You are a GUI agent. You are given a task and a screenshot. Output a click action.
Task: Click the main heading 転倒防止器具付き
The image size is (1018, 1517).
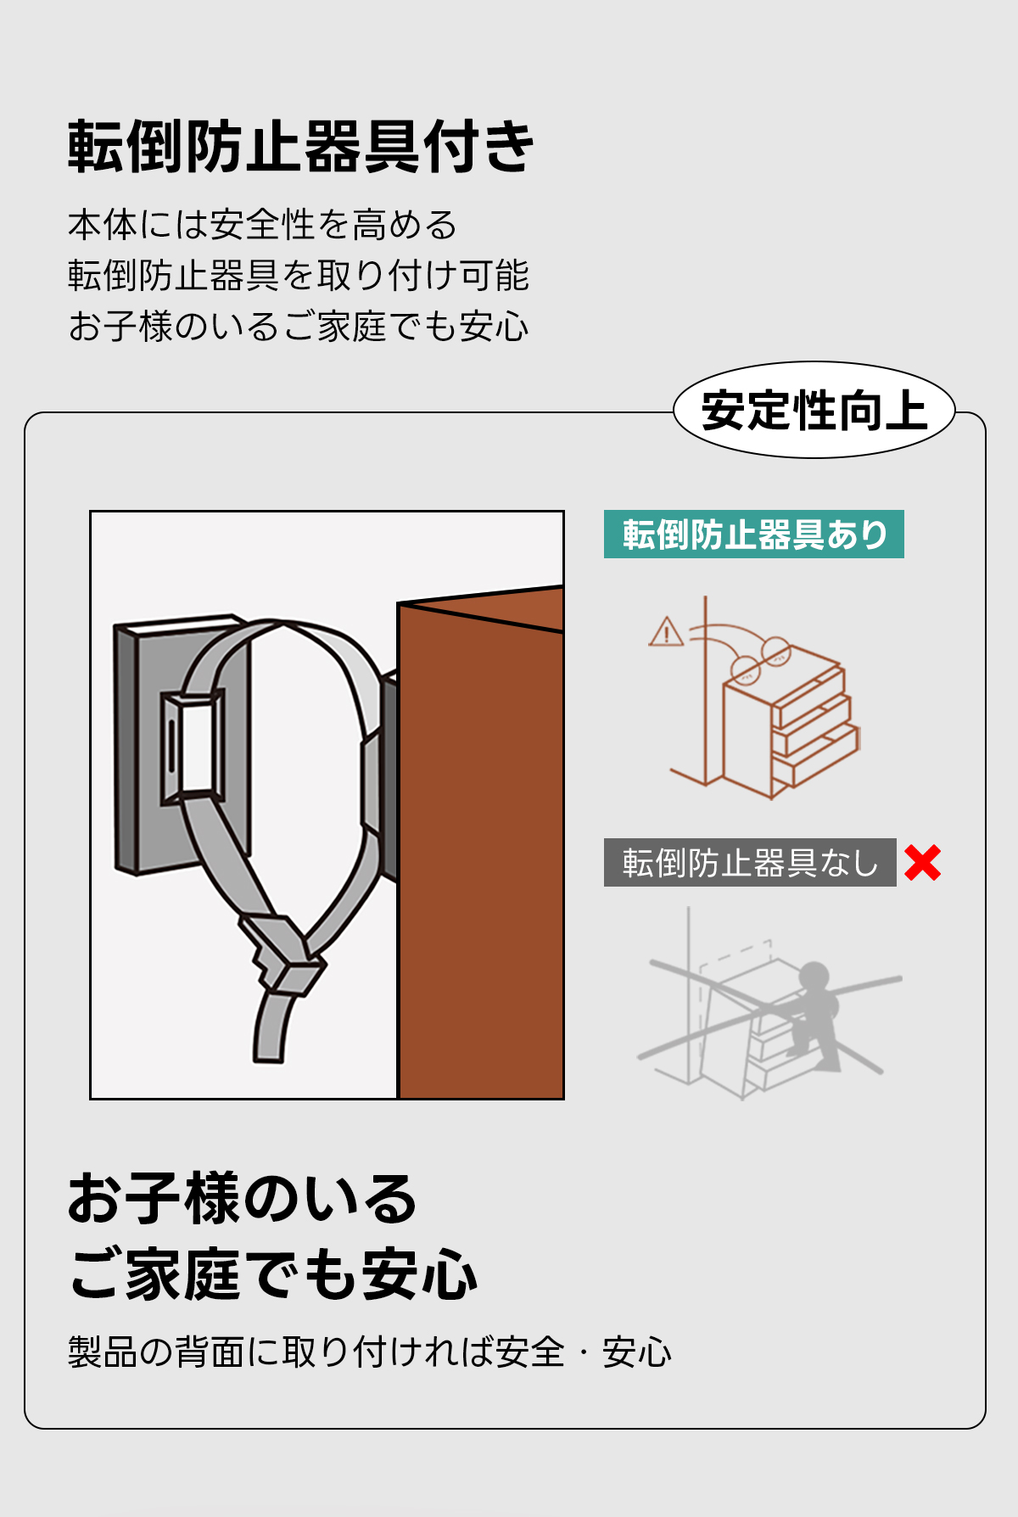tap(301, 147)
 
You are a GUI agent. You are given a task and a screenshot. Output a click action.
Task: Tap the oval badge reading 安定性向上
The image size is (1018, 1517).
tap(814, 411)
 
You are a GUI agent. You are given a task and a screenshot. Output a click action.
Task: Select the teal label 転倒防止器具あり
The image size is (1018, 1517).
tap(754, 535)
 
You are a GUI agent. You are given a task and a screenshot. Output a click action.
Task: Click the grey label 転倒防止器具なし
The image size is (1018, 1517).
tap(750, 863)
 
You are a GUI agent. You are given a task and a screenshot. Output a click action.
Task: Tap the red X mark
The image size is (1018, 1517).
tap(922, 863)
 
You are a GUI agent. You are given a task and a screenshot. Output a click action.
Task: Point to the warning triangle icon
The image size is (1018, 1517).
tap(666, 632)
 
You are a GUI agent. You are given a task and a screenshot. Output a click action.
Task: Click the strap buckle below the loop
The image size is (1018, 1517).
tap(284, 954)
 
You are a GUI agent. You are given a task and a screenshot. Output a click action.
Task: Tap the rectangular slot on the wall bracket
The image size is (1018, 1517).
tap(194, 747)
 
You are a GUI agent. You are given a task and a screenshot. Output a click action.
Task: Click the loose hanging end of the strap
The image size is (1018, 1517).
tap(272, 1027)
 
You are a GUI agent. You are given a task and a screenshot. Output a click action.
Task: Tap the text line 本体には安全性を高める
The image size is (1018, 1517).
tap(262, 226)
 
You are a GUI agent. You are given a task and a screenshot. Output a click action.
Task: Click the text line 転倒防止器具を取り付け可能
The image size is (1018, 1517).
tap(299, 276)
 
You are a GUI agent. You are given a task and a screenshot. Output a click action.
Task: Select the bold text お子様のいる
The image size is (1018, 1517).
tap(243, 1198)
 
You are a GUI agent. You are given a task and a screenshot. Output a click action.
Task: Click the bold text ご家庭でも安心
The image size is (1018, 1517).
tap(273, 1274)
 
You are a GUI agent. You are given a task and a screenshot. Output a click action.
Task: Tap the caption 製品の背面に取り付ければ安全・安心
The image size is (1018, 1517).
tap(370, 1352)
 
